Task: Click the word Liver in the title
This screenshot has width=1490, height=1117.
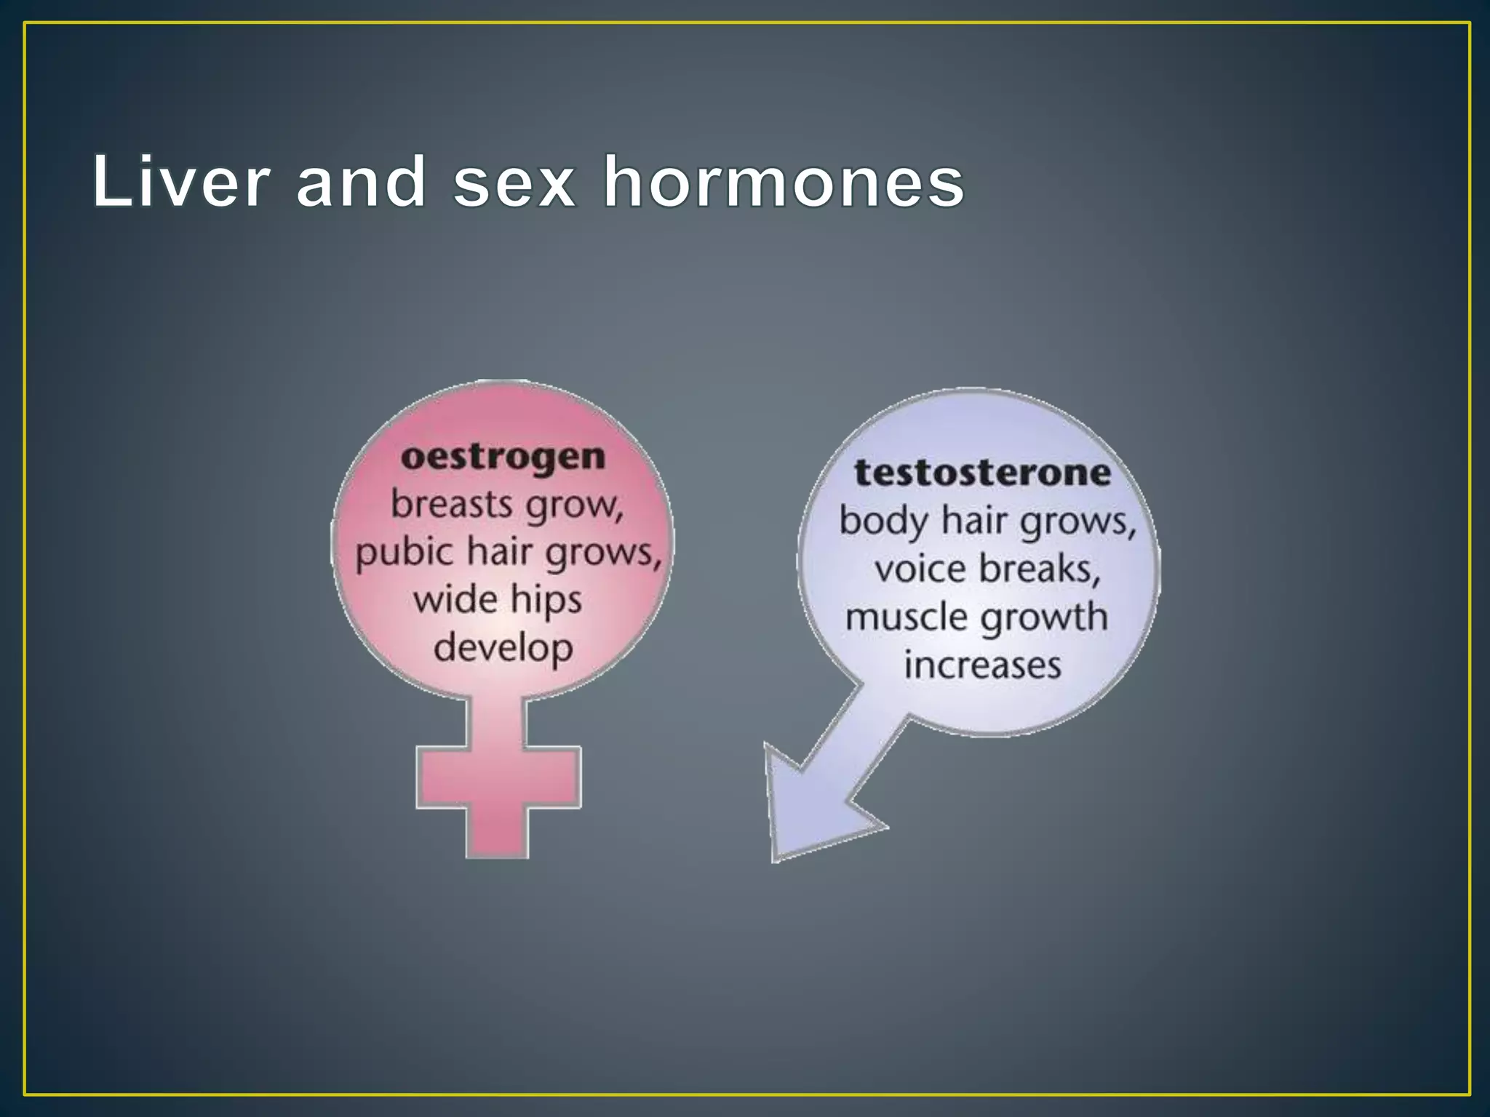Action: pos(181,182)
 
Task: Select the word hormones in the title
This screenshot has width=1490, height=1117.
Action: pos(784,182)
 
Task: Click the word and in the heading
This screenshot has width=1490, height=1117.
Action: pos(361,182)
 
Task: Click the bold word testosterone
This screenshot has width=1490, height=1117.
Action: pos(982,473)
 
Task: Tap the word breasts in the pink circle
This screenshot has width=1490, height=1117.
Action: pos(451,504)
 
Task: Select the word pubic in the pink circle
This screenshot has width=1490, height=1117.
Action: pos(403,553)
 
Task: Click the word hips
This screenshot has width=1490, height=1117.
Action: pos(546,601)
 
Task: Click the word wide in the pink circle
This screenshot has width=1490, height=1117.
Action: pos(455,600)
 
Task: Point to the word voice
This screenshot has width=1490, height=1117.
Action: pos(920,569)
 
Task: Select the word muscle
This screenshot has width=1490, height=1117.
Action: pos(905,617)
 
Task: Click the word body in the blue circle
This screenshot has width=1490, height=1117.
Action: pos(883,521)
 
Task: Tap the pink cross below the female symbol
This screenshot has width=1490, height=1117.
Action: pos(498,778)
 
